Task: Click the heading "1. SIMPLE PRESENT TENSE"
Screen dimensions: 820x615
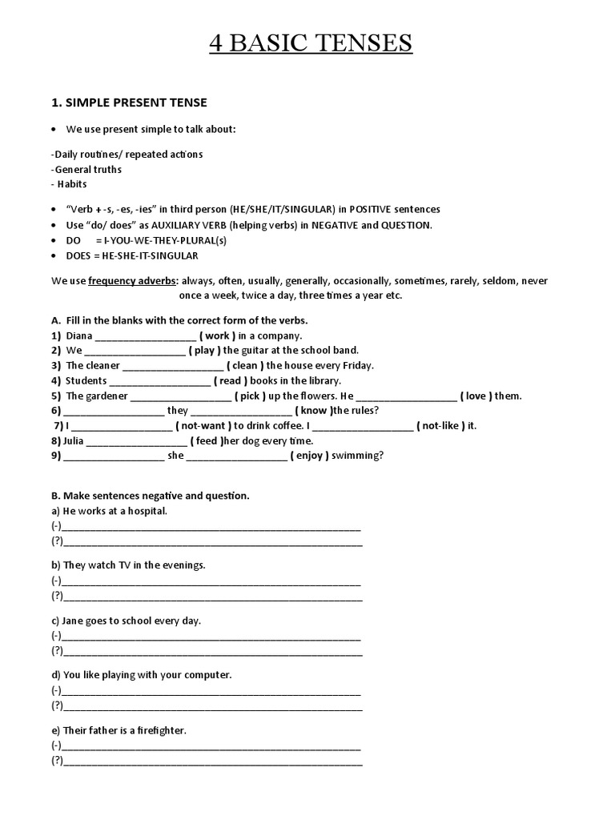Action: [129, 102]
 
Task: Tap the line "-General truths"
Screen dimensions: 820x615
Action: [86, 169]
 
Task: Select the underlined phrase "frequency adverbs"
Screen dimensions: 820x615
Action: [133, 281]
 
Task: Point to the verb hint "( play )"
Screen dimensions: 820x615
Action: [205, 350]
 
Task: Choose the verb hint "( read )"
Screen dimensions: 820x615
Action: [231, 380]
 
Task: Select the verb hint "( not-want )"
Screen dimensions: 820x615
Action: [203, 425]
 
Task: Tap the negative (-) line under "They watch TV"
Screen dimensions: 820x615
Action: [210, 581]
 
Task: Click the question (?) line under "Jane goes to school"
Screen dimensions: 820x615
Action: [211, 651]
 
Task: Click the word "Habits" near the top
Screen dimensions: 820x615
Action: [72, 184]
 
